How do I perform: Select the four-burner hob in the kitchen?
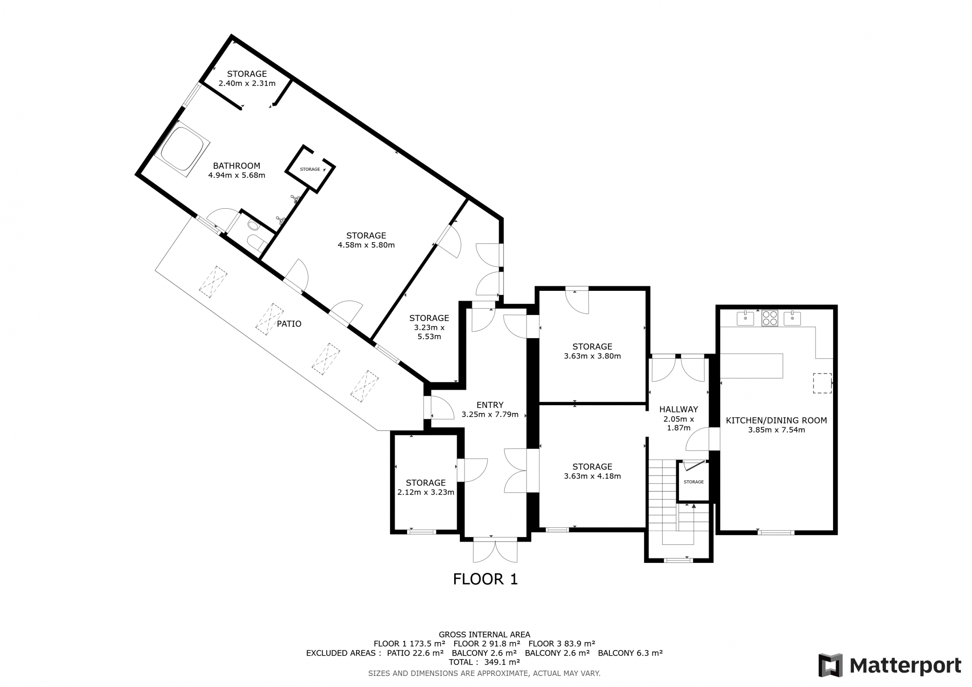coord(770,318)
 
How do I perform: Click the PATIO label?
coord(289,324)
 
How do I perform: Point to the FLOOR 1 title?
coord(486,579)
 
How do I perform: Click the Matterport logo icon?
coord(830,665)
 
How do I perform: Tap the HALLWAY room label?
coord(679,410)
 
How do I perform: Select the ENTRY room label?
coord(490,405)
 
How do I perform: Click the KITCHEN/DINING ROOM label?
coord(777,421)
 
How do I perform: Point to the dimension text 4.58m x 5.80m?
coord(366,245)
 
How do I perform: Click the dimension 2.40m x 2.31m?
coord(247,83)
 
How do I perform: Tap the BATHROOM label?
coord(237,166)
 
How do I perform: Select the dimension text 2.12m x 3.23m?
coord(426,493)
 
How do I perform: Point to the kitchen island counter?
coord(751,366)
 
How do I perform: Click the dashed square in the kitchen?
coord(822,383)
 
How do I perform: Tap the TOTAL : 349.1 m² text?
coord(484,662)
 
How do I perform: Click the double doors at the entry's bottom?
coord(495,552)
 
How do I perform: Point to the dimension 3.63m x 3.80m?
coord(592,356)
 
